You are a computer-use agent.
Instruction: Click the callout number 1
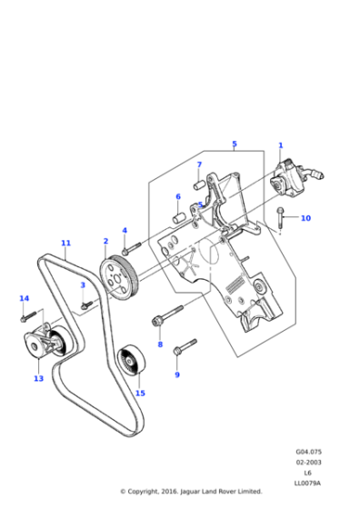point(280,145)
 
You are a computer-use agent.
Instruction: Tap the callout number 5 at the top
point(234,144)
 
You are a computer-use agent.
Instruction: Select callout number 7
point(199,165)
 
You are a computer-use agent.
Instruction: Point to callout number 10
point(305,218)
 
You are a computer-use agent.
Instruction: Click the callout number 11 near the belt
point(65,243)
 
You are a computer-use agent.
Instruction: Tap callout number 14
point(25,298)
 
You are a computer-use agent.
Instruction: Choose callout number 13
point(38,378)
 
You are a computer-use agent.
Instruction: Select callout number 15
point(140,393)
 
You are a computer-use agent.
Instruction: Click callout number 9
point(176,374)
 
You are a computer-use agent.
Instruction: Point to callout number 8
point(160,344)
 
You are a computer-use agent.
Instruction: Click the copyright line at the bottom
point(190,491)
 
